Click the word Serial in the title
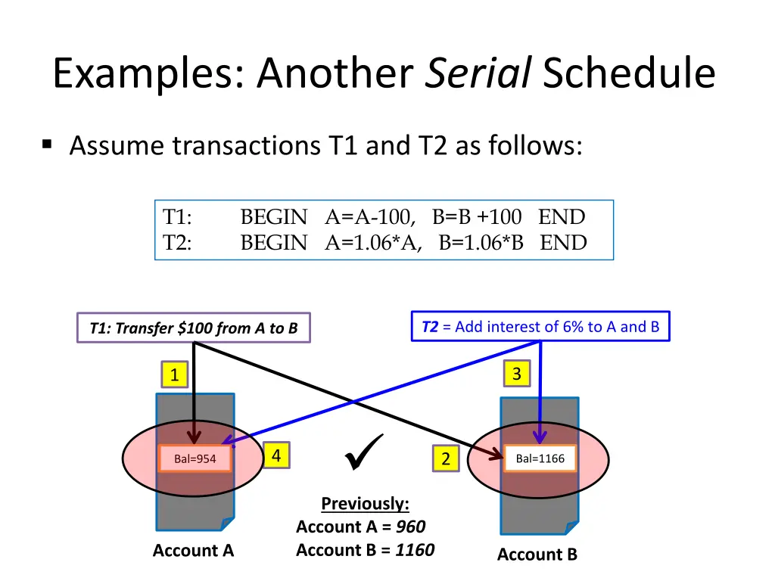click(x=478, y=74)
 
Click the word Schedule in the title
click(x=628, y=74)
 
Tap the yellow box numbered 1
click(x=175, y=374)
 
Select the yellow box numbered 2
click(x=446, y=458)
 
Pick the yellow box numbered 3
click(x=517, y=374)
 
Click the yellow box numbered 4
click(x=276, y=455)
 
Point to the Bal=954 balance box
click(x=195, y=458)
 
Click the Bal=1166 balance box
click(x=540, y=458)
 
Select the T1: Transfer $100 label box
click(x=194, y=328)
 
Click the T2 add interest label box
click(x=540, y=327)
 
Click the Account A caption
click(x=193, y=551)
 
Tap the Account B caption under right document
click(x=537, y=555)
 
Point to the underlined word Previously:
click(x=365, y=504)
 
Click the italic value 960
click(x=410, y=527)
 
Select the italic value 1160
click(x=415, y=550)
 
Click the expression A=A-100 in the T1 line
click(x=370, y=218)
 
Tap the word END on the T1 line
click(x=562, y=218)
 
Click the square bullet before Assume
click(x=48, y=143)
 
